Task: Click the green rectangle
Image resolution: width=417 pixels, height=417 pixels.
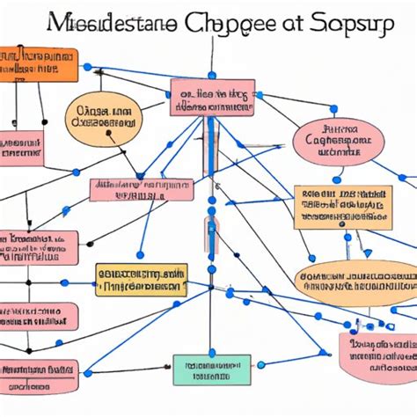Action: click(212, 369)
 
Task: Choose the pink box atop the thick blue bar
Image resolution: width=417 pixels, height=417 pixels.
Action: click(212, 97)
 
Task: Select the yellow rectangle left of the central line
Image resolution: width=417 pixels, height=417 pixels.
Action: click(142, 279)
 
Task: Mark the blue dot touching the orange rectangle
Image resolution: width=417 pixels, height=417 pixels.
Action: click(86, 66)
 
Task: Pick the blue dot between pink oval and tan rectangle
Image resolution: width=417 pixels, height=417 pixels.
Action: click(337, 179)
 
